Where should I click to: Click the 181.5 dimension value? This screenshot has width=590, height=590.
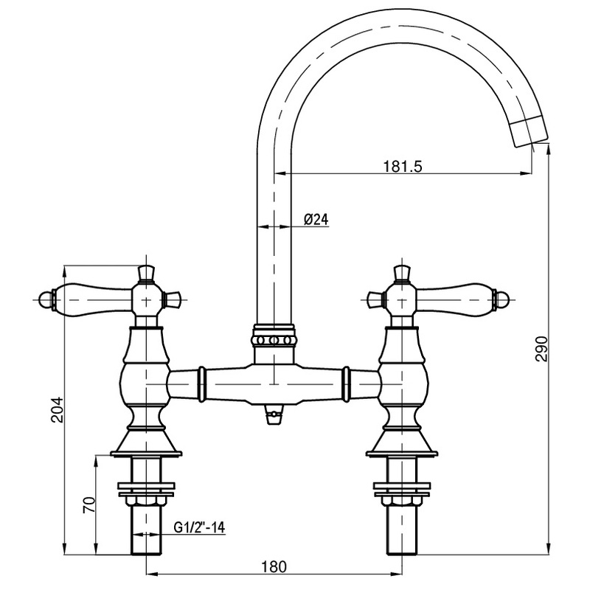point(402,167)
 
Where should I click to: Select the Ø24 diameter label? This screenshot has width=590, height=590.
point(315,219)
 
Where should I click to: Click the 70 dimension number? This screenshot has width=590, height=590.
point(88,505)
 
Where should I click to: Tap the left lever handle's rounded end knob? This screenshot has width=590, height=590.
point(49,299)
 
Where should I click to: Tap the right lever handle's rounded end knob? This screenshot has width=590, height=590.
point(502,299)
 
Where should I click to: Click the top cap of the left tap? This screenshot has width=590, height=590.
point(147,273)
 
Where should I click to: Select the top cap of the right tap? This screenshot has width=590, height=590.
point(402,273)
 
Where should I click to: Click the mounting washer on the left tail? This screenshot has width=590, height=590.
point(147,487)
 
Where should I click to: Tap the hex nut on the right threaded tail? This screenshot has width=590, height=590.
point(402,502)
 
